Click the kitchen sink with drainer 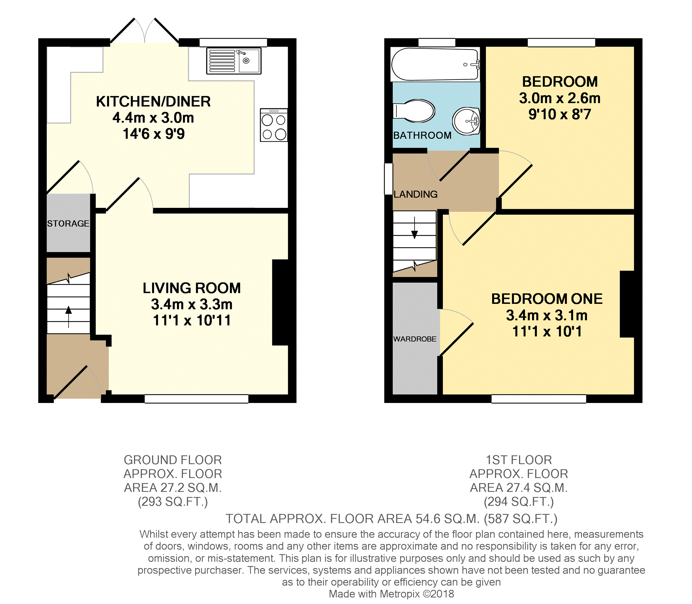(x=234, y=61)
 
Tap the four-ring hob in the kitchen (x=274, y=125)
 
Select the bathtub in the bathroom (x=435, y=64)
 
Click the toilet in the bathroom (x=414, y=111)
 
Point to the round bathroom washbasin (x=466, y=121)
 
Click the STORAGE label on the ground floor (x=68, y=224)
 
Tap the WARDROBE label (x=415, y=339)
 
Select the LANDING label (x=416, y=194)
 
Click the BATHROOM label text (x=422, y=135)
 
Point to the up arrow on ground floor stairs (x=69, y=317)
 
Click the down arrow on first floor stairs (x=415, y=228)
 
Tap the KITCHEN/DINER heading (x=153, y=102)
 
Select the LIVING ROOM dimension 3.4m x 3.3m (x=192, y=304)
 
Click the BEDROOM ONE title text (x=547, y=299)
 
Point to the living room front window (x=196, y=399)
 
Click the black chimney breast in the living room (x=281, y=303)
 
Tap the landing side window (x=389, y=179)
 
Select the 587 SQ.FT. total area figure (x=520, y=519)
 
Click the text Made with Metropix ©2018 (x=391, y=594)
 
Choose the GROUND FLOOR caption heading (x=173, y=460)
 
